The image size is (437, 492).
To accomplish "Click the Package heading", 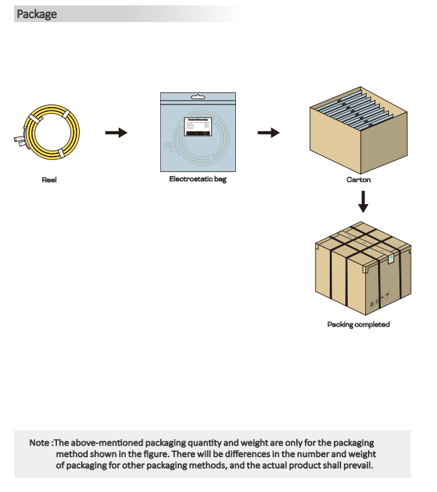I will point(37,14).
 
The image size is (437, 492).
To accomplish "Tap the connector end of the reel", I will point(18,140).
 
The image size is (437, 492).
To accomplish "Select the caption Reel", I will point(49,180).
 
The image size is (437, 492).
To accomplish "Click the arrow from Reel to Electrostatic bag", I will point(116,133).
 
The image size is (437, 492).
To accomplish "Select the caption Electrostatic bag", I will point(197,179).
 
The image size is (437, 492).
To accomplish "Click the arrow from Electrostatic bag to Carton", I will point(268,133).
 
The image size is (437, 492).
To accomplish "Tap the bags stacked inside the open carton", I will point(357,110).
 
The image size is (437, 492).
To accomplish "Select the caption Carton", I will point(358,180).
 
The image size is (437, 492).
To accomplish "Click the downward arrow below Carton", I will point(363,201).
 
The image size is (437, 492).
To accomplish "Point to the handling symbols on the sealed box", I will point(379,299).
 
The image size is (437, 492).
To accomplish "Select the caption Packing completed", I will point(358,325).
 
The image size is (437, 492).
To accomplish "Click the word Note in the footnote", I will point(39,443).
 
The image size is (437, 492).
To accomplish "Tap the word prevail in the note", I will point(357,465).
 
